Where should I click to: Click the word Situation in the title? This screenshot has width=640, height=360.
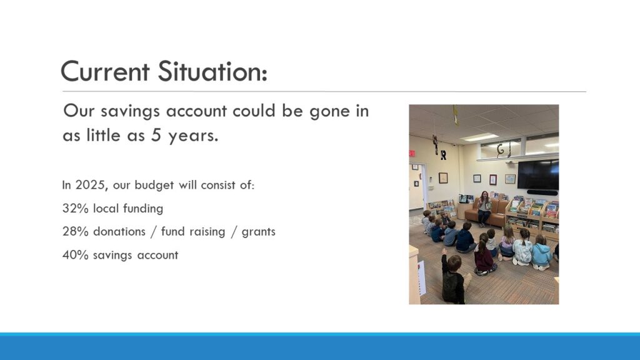[x=212, y=71]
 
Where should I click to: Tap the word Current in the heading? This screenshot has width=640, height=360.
[x=105, y=71]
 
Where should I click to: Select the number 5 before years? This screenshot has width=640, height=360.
[x=156, y=136]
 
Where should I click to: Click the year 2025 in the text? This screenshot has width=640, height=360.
[x=90, y=185]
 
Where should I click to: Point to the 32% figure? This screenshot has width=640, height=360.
[x=76, y=209]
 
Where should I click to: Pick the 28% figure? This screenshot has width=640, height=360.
[x=76, y=232]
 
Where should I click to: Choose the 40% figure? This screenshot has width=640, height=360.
[x=76, y=255]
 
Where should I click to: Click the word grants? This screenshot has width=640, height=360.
[x=258, y=232]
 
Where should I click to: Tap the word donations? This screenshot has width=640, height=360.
[x=119, y=231]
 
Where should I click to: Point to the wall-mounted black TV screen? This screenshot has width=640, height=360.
[x=538, y=174]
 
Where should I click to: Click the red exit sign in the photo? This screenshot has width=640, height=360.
[x=412, y=154]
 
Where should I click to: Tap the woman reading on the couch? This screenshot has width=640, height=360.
[x=484, y=208]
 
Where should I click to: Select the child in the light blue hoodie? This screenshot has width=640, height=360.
[x=541, y=252]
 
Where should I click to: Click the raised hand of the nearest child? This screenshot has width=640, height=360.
[x=444, y=252]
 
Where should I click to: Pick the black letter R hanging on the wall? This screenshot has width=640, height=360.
[x=443, y=155]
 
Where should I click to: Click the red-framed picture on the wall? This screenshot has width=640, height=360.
[x=493, y=179]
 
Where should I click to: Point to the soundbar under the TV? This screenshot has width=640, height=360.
[x=542, y=192]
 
